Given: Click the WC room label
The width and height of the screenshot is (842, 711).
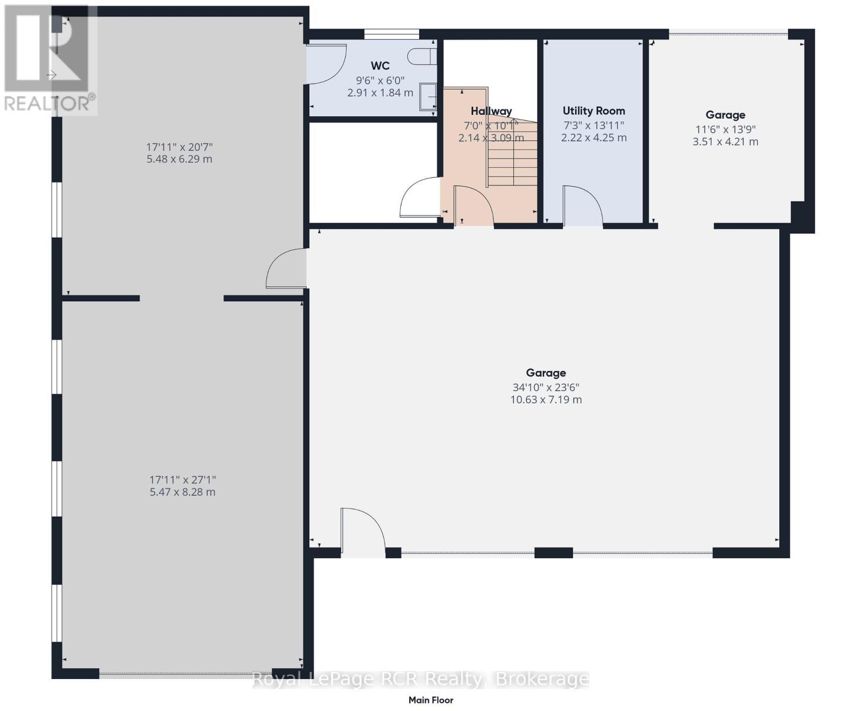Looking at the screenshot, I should (x=380, y=65).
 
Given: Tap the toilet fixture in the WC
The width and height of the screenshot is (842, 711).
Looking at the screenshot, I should (x=422, y=56).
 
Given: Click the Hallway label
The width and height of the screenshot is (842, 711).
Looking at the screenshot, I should (x=491, y=111).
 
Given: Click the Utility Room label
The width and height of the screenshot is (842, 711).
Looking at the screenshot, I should (x=593, y=111).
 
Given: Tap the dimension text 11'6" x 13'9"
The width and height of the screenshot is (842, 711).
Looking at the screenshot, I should (x=725, y=129).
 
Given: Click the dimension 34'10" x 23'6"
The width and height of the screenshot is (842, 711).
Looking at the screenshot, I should (x=546, y=387).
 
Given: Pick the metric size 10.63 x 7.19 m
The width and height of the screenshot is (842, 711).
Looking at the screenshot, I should (x=546, y=400).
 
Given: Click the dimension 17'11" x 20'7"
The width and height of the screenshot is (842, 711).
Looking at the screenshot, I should (x=179, y=146).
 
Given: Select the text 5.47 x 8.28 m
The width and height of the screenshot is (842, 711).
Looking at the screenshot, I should (x=182, y=492).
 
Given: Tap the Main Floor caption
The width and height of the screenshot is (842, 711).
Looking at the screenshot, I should (x=431, y=700).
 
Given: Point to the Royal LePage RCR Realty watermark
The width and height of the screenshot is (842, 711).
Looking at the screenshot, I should (x=420, y=679).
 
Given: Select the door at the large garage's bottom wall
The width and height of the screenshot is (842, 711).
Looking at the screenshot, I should (x=362, y=531).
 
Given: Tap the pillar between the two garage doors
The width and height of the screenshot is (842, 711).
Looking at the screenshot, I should (x=554, y=553).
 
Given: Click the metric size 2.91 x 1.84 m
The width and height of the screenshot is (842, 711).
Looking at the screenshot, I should (x=380, y=92).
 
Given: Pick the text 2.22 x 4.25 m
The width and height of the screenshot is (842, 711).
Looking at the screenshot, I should (x=593, y=137).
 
